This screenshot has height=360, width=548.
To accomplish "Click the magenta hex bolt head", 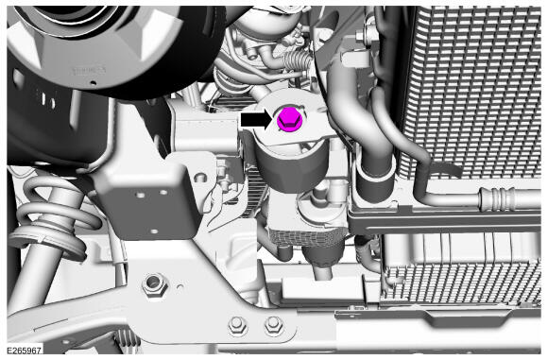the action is tap(289, 120).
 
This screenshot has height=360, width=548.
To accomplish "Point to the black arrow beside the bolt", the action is tap(256, 120).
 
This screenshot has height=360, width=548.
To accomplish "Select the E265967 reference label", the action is tap(25, 351).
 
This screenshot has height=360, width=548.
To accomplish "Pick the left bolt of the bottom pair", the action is tap(237, 325).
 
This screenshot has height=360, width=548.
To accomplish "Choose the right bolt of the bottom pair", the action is tap(273, 325).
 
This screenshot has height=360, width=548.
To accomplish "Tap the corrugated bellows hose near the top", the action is tap(296, 60).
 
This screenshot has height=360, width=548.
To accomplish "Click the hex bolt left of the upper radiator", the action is tap(361, 36).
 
